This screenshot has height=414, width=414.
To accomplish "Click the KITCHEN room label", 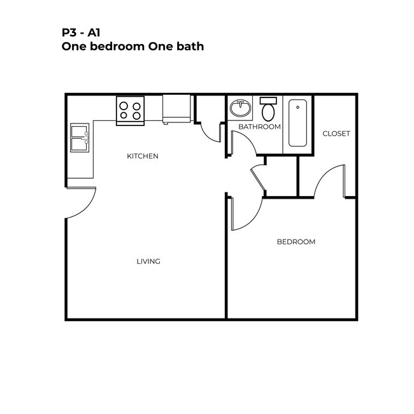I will click(142, 156).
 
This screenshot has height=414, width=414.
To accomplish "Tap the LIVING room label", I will click(148, 261).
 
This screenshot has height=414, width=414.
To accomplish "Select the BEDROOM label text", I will click(296, 241).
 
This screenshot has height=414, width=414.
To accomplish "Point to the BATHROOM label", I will click(259, 127).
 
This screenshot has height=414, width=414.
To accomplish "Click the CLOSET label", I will click(336, 133).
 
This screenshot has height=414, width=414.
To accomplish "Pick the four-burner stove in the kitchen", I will click(131, 111).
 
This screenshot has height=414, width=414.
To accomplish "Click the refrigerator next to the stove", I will click(176, 108).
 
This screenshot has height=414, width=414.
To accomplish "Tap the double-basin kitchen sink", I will click(80, 138).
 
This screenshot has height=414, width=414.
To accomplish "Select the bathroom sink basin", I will click(240, 108).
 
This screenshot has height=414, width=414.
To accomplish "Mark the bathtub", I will click(297, 123).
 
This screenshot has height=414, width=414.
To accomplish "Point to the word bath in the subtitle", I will click(190, 46).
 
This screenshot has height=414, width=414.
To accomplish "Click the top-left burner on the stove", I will click(124, 106).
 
